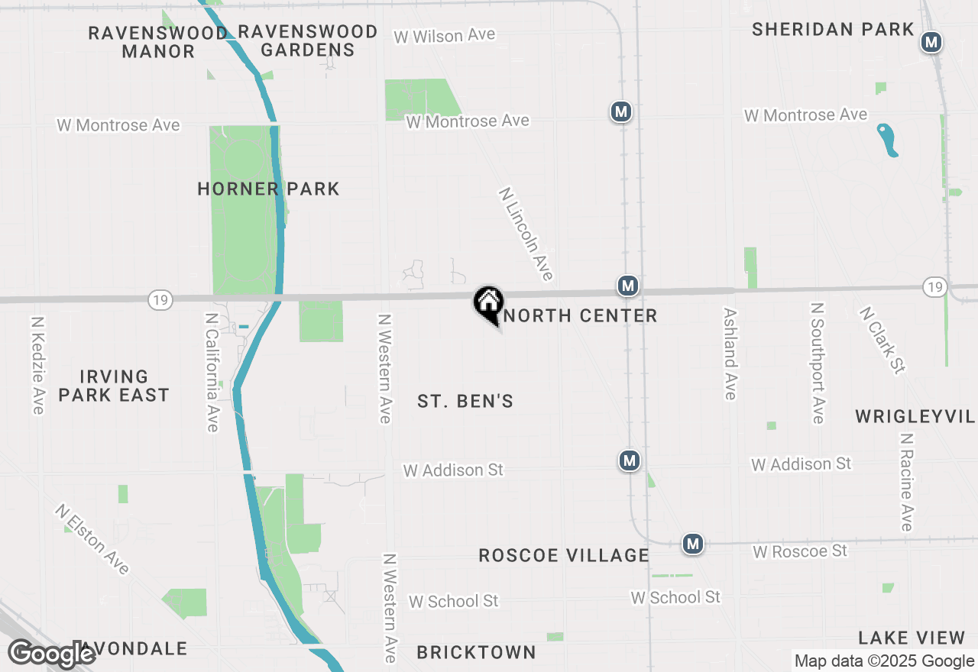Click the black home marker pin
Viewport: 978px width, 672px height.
click(x=488, y=303)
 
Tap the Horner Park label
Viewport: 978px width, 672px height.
click(x=268, y=189)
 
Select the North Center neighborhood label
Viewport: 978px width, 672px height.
click(x=581, y=315)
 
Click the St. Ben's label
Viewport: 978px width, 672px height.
click(x=465, y=401)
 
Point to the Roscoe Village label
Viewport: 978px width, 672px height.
click(x=564, y=555)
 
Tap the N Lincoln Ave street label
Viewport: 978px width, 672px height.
click(x=526, y=234)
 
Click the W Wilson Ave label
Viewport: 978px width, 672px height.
click(x=444, y=35)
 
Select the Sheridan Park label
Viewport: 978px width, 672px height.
click(x=833, y=30)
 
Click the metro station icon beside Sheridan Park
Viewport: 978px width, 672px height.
click(x=931, y=42)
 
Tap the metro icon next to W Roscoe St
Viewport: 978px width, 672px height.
click(x=693, y=544)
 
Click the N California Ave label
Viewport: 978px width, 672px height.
click(x=212, y=372)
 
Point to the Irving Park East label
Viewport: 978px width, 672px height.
click(x=114, y=386)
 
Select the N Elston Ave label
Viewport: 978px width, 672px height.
click(x=92, y=539)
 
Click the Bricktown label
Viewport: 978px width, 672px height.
click(x=476, y=652)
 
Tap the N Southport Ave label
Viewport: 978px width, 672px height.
click(x=818, y=363)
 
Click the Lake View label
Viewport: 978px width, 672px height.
click(x=912, y=638)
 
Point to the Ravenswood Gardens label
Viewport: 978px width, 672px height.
click(x=308, y=41)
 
